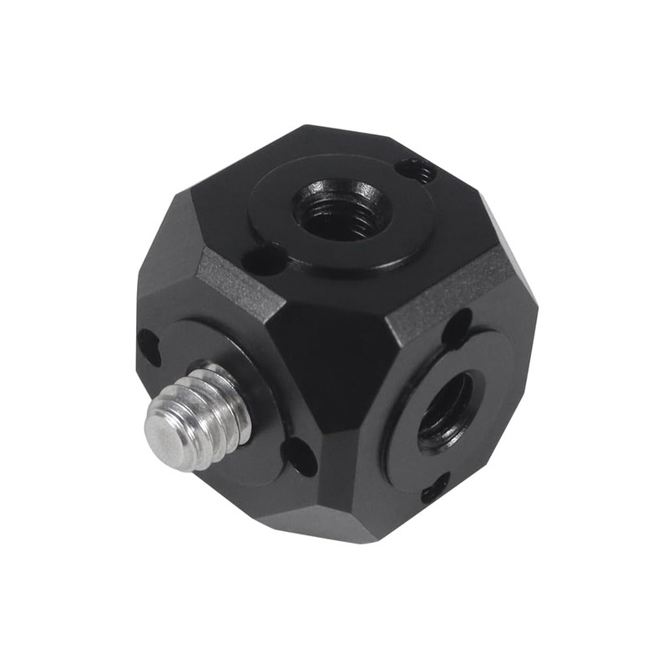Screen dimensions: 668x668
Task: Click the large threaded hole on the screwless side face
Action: pos(443,410)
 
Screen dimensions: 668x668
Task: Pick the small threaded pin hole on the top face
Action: pos(417,171)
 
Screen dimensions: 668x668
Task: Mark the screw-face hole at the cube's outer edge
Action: pos(148,346)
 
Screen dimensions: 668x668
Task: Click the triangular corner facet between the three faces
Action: pos(334,351)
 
